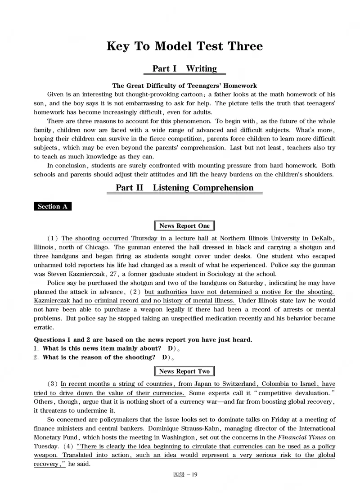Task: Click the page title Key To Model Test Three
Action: point(184,46)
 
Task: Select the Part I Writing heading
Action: point(184,68)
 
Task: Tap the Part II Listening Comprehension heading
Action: point(184,188)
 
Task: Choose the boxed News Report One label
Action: point(184,226)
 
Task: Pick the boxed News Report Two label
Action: point(184,371)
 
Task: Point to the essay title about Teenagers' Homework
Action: point(184,86)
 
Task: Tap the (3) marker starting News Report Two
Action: point(53,384)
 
